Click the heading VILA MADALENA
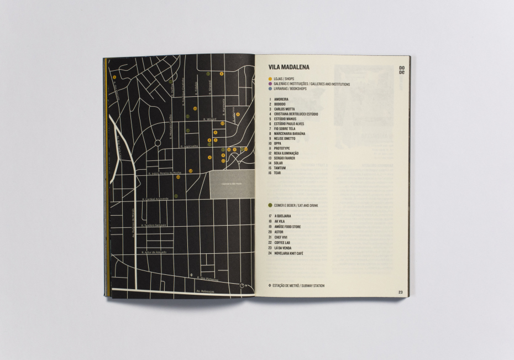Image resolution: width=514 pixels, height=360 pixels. tap(289, 67)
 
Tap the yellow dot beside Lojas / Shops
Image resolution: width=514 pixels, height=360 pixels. tap(270, 79)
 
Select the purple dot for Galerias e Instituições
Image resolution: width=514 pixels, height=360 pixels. tap(270, 84)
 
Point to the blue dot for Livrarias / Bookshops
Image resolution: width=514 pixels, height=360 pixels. tap(270, 88)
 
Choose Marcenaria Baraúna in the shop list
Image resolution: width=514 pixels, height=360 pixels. tap(290, 133)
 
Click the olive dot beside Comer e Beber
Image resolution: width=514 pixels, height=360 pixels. tap(270, 205)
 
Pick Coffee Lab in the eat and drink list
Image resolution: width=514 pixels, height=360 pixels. tap(285, 243)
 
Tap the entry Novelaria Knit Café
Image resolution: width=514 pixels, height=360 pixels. tap(292, 253)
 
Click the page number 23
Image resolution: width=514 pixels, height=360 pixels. tap(400, 292)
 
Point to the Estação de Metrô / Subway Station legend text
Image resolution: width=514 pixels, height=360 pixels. tap(298, 285)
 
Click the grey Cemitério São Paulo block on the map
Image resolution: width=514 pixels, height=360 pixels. tap(232, 184)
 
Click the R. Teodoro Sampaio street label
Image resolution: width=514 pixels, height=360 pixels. tap(154, 225)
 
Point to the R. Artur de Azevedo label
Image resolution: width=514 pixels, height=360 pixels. tap(154, 252)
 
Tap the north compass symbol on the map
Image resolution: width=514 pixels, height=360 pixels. tap(243, 285)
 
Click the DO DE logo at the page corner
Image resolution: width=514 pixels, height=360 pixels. tap(402, 70)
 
